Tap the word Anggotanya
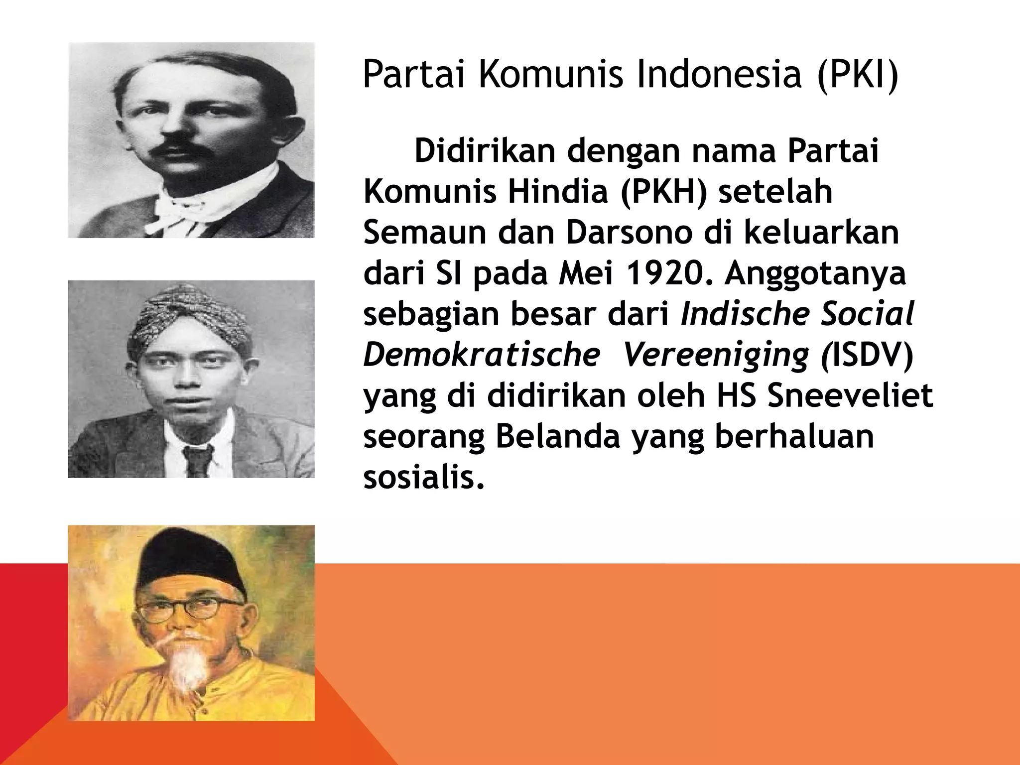(815, 273)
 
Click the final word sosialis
(424, 478)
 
